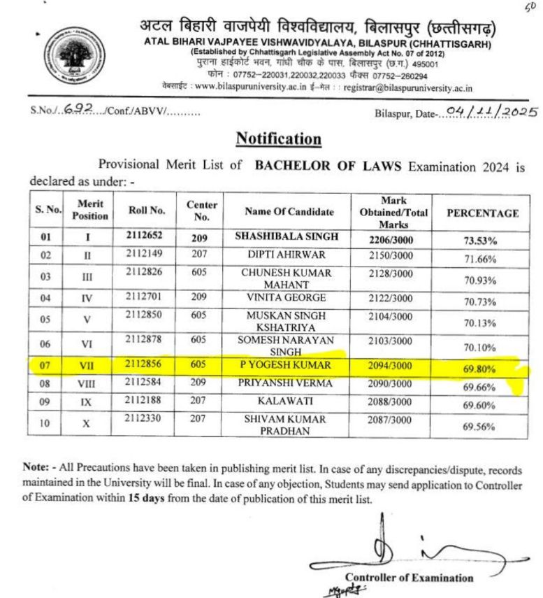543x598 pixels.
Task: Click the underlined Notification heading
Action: coord(278,138)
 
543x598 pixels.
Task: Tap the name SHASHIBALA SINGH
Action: coord(289,237)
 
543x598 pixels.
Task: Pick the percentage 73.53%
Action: coord(480,241)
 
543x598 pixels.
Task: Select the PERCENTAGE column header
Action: coord(482,213)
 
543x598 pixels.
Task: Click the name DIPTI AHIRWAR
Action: coord(289,255)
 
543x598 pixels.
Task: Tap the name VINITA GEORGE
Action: coord(289,298)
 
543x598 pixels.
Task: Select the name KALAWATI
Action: coord(289,401)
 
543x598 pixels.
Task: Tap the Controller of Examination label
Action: coord(409,578)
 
